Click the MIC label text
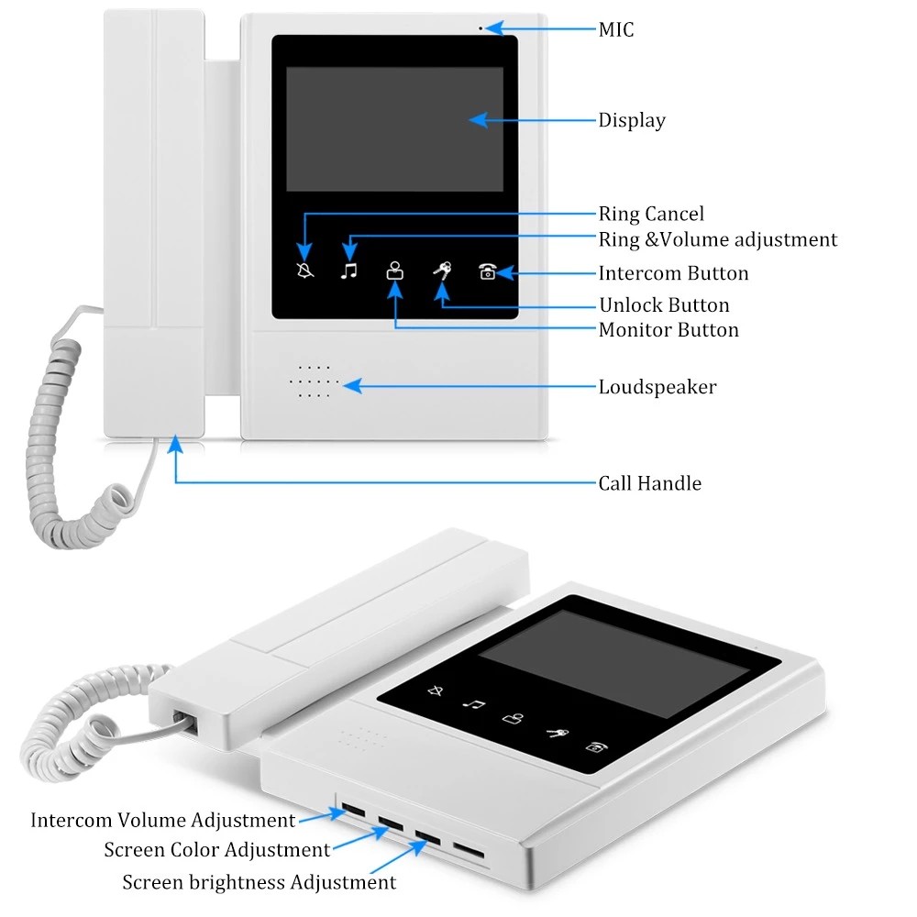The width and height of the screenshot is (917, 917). [x=615, y=30]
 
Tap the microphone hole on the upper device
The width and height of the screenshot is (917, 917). [x=481, y=28]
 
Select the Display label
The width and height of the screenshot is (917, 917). [x=632, y=120]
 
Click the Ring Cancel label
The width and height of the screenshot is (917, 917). [x=651, y=215]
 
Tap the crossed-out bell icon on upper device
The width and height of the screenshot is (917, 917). [x=305, y=271]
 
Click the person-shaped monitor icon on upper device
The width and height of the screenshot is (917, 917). [x=395, y=271]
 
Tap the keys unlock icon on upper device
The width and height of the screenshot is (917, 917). [x=442, y=271]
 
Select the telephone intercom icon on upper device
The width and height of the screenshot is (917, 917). [x=488, y=271]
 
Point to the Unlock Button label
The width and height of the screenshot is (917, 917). [x=664, y=305]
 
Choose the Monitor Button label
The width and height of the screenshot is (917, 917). [x=668, y=330]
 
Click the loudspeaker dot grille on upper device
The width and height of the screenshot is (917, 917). [x=314, y=381]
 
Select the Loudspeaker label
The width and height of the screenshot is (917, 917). [x=657, y=387]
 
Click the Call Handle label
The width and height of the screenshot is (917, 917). [x=649, y=483]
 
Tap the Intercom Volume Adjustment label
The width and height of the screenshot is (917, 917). [x=163, y=820]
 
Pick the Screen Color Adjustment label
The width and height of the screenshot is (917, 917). [x=216, y=850]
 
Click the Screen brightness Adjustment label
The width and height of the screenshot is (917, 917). [x=260, y=882]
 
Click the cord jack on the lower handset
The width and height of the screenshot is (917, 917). [x=183, y=722]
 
